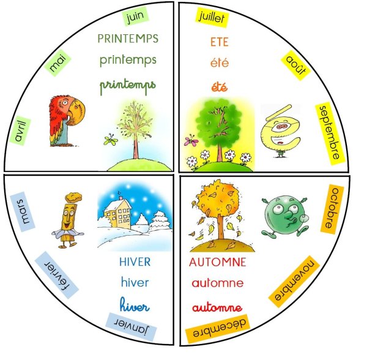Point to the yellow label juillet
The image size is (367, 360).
pos(212,18)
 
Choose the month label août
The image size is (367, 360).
pos(295,64)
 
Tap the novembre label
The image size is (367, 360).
pos(294,283)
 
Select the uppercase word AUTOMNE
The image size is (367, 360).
pos(217,263)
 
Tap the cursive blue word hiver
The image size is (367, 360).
pos(135,304)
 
